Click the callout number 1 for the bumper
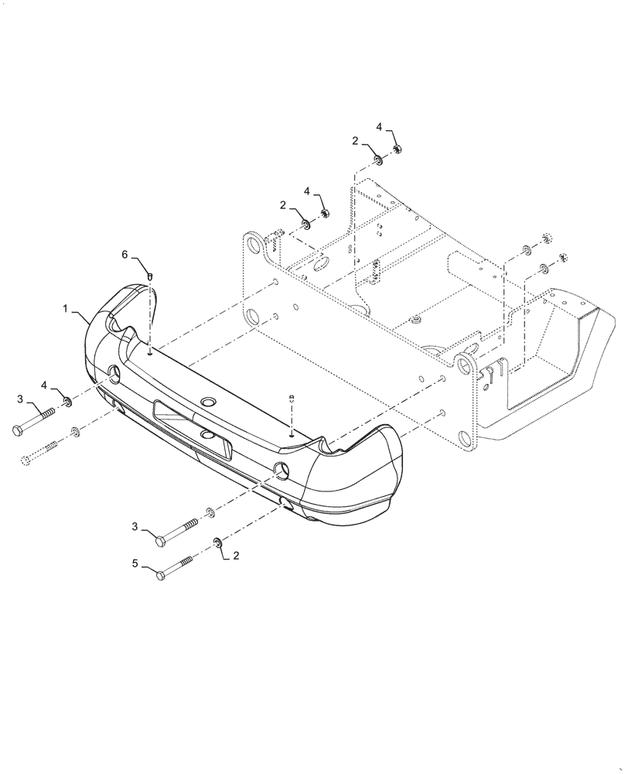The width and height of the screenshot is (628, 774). tap(67, 308)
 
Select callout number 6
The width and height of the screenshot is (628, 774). tap(124, 254)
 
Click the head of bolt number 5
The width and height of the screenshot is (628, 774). tap(160, 575)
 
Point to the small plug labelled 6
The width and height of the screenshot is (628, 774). tap(152, 275)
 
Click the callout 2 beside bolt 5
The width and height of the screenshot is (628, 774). tap(236, 555)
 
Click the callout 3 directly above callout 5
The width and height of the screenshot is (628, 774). tap(135, 527)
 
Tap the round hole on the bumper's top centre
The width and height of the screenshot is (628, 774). tap(207, 402)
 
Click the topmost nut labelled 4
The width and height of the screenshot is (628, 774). tap(396, 149)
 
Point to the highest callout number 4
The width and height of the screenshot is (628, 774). tap(379, 126)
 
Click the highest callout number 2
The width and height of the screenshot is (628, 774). tap(355, 141)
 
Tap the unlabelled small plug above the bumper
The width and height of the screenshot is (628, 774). tap(292, 399)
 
